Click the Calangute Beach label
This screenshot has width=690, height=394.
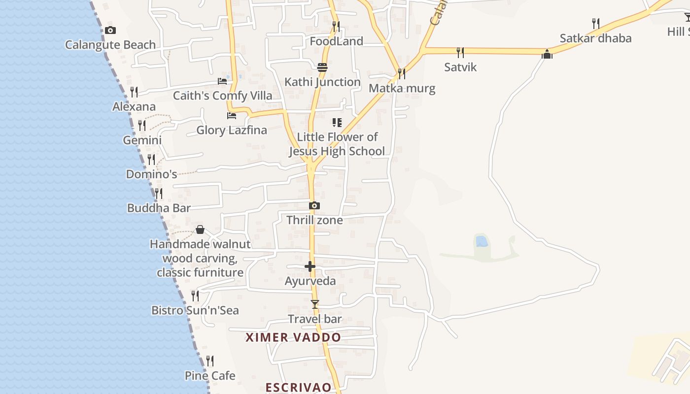coord(110,45)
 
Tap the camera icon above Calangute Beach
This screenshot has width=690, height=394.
coord(110,31)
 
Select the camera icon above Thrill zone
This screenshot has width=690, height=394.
coord(314,206)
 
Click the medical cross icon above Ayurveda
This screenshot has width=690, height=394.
coord(310,267)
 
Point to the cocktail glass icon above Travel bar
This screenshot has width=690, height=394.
coord(315,304)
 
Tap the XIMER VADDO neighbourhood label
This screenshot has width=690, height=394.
coord(293,337)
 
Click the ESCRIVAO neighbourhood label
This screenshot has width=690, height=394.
coord(298,387)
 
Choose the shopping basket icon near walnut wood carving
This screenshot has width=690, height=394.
coord(200,230)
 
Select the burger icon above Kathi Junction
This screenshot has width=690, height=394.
coord(322,67)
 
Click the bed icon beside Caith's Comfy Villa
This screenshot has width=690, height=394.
coord(222,81)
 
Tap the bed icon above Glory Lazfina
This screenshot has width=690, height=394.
coord(232,116)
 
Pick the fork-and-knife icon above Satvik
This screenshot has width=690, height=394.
coord(460,52)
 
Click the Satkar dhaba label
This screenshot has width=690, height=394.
coord(595,38)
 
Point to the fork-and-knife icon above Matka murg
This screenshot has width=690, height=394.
coord(402,74)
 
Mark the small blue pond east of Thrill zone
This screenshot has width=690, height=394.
coord(481,241)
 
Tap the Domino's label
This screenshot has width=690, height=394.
coord(151,174)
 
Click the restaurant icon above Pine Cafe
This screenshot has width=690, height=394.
coord(210,361)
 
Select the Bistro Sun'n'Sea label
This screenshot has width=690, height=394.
coord(195,310)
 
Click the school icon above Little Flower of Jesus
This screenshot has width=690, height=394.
coord(337,122)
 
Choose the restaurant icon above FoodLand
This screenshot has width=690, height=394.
coord(336,26)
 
